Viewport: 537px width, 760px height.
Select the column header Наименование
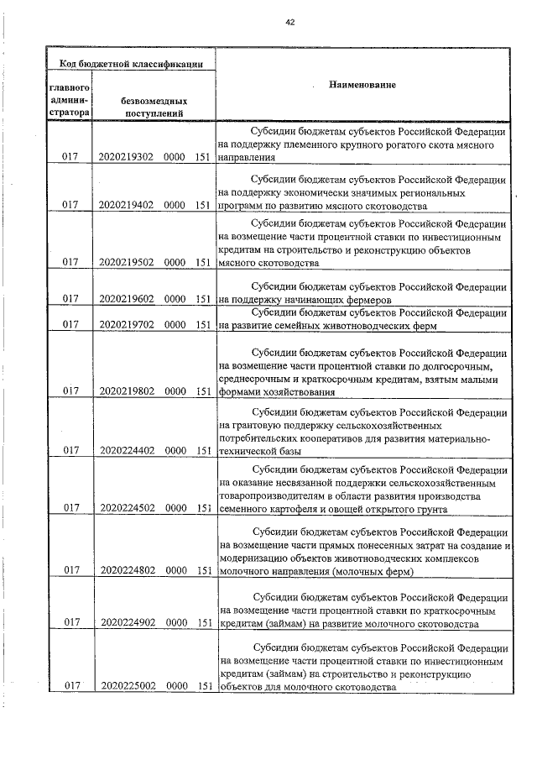pyautogui.click(x=362, y=86)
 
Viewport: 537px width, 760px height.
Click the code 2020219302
pyautogui.click(x=125, y=157)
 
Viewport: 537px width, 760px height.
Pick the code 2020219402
pyautogui.click(x=125, y=204)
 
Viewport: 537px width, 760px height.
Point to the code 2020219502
pyautogui.click(x=125, y=263)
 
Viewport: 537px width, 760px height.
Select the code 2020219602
pyautogui.click(x=125, y=298)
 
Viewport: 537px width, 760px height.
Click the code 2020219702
pyautogui.click(x=125, y=323)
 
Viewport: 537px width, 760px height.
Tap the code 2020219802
pyautogui.click(x=125, y=390)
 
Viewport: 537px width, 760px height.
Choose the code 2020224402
pyautogui.click(x=125, y=451)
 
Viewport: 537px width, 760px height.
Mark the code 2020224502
pyautogui.click(x=125, y=507)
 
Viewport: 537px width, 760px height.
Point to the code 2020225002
pyautogui.click(x=125, y=686)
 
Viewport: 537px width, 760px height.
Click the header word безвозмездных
pyautogui.click(x=154, y=100)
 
